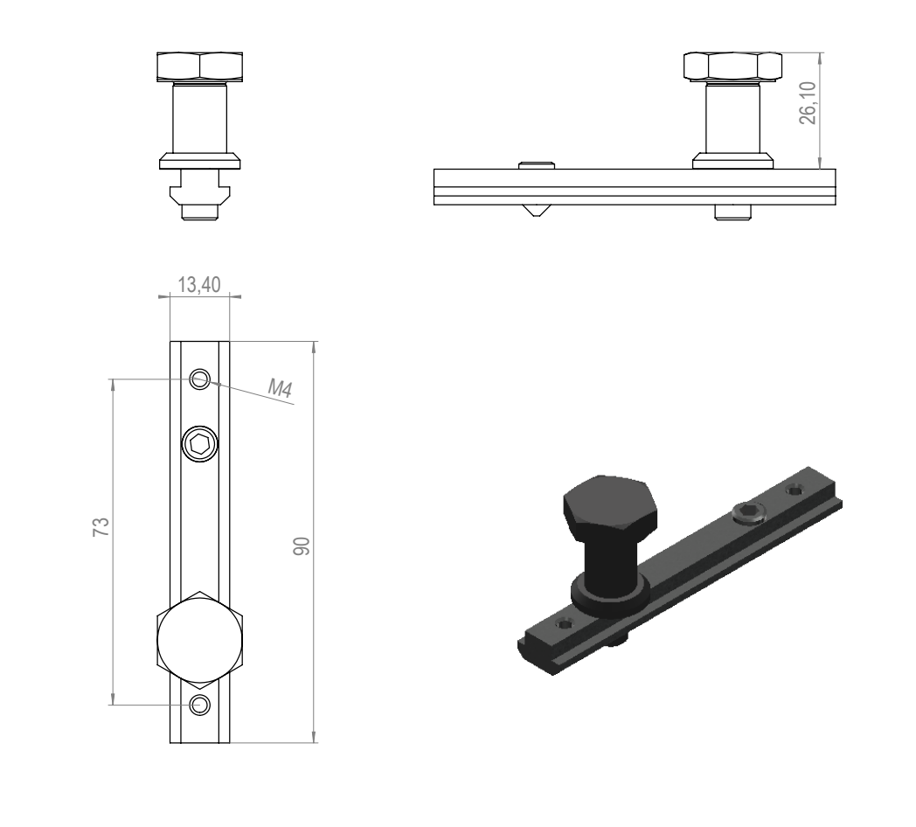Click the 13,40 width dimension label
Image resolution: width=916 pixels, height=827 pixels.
pos(199,285)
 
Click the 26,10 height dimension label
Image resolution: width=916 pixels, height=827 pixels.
pos(808,103)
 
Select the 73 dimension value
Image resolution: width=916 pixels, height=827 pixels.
pos(101,527)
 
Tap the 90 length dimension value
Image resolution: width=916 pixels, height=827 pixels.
pos(302,546)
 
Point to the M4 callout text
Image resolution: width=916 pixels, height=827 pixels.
pos(280,388)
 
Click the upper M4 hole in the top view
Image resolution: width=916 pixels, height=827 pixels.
pos(200,379)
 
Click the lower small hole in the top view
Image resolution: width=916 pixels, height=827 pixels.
pos(200,705)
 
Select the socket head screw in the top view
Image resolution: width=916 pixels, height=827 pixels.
pos(200,444)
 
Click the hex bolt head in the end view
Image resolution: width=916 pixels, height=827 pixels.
pos(200,66)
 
